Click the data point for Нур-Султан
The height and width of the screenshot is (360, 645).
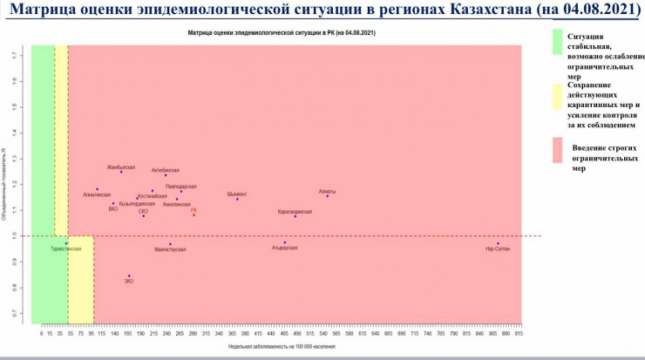click(499, 244)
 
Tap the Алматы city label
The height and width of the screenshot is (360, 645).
click(327, 191)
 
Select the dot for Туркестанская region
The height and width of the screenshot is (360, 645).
click(65, 244)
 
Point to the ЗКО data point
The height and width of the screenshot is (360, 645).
click(129, 276)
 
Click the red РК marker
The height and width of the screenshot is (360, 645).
click(193, 214)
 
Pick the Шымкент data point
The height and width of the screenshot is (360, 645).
click(237, 200)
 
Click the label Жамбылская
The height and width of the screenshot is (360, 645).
click(121, 166)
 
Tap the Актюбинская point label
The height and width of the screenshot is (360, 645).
click(165, 170)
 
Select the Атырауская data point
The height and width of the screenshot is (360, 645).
click(285, 242)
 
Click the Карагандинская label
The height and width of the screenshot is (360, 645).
click(295, 211)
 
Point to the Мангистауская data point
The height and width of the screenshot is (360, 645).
click(170, 244)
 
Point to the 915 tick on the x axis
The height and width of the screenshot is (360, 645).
click(519, 333)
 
